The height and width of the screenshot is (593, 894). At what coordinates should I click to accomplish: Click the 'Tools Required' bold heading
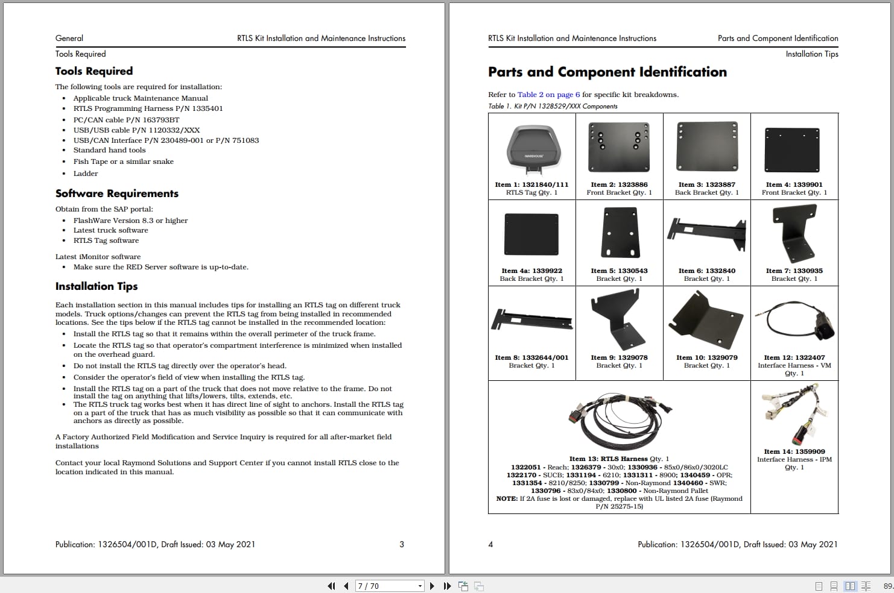(94, 71)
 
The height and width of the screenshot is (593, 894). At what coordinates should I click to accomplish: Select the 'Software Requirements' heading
(116, 193)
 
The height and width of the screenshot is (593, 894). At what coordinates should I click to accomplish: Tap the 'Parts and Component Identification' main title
(607, 72)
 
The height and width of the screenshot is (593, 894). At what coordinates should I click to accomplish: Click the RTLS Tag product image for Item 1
(531, 148)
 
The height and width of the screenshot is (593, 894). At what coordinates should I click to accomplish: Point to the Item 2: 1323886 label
(619, 184)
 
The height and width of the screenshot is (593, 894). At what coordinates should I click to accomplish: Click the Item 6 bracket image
(706, 233)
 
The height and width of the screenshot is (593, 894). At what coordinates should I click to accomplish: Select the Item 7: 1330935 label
(794, 271)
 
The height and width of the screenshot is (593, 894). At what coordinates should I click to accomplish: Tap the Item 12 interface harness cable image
(794, 322)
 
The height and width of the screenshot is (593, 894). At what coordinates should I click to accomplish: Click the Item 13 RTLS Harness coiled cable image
(619, 420)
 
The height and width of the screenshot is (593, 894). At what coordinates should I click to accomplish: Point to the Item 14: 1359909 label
(794, 451)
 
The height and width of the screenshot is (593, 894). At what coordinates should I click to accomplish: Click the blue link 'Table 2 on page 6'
(548, 95)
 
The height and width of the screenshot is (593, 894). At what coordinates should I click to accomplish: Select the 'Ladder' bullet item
(86, 174)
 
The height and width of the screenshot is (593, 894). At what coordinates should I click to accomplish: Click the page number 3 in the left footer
(402, 544)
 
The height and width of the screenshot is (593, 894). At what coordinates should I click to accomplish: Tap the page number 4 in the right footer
(490, 544)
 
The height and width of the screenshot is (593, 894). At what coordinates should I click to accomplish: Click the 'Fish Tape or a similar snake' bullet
(123, 162)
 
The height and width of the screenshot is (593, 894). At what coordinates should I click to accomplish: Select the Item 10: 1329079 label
(706, 357)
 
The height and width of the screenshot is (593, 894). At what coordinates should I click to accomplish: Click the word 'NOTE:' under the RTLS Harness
(507, 498)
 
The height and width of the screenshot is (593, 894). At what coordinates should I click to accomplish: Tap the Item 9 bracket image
(619, 320)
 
